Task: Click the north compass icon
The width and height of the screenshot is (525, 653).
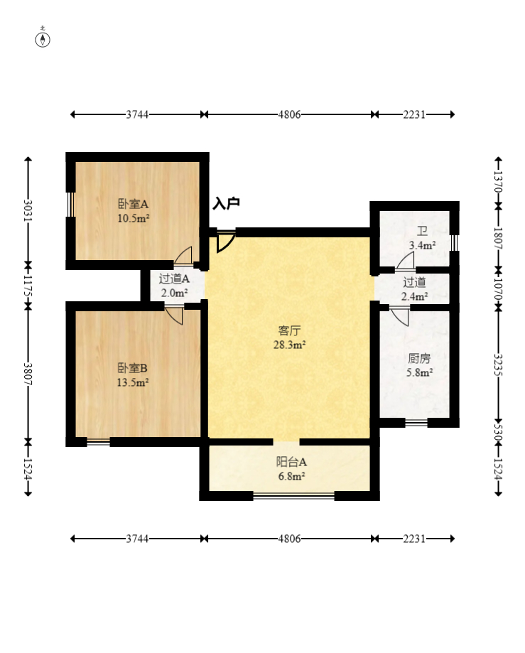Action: click(x=43, y=38)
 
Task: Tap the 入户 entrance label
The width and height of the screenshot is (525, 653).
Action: click(x=226, y=204)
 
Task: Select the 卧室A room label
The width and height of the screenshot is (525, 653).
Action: click(x=134, y=204)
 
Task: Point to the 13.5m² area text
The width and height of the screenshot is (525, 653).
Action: click(x=133, y=382)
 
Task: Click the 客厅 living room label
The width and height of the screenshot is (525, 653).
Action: click(x=289, y=330)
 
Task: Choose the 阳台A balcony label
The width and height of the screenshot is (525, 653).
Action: click(x=291, y=461)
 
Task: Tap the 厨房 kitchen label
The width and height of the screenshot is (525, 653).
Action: click(x=419, y=358)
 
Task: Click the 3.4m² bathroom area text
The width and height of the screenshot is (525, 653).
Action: click(x=422, y=245)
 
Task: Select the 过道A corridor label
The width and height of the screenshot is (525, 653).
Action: click(x=174, y=279)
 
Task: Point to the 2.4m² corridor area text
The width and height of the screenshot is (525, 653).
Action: click(x=414, y=296)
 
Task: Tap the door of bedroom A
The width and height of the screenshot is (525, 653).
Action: click(x=183, y=255)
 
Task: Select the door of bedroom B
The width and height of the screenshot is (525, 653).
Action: click(x=175, y=316)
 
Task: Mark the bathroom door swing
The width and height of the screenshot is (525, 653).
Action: click(x=405, y=260)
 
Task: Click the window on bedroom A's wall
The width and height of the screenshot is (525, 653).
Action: click(x=70, y=204)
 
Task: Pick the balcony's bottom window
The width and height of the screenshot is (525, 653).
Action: click(x=294, y=495)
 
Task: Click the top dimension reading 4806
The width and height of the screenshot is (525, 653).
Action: click(x=289, y=114)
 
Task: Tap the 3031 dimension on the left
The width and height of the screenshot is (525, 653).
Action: click(x=28, y=211)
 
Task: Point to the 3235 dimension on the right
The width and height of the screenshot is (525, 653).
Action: click(x=498, y=365)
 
